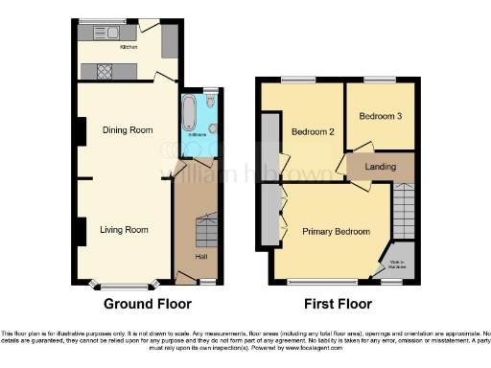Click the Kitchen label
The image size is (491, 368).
[128, 45]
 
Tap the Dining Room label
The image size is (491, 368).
[128, 129]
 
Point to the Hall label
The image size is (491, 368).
[201, 256]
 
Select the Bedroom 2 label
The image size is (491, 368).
[312, 131]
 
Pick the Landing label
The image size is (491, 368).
[380, 167]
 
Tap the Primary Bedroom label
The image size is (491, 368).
[336, 231]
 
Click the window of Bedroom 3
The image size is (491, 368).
[380, 79]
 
